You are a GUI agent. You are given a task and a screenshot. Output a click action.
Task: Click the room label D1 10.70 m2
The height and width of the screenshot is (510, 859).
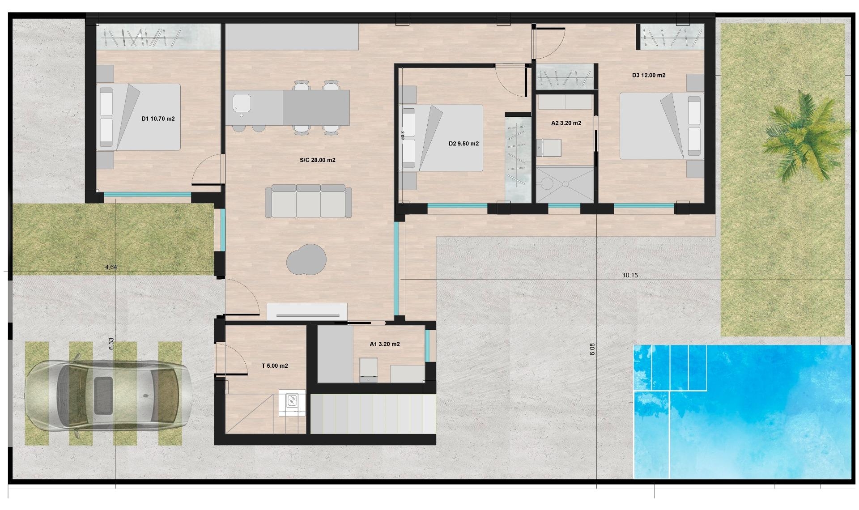tap(158, 119)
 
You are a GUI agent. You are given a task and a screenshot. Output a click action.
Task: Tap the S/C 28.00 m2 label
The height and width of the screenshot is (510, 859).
tap(317, 160)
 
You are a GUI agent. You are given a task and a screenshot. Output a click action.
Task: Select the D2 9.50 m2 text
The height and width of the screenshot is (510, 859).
tap(464, 144)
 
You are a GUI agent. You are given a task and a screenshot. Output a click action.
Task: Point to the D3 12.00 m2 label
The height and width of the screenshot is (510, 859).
tap(648, 75)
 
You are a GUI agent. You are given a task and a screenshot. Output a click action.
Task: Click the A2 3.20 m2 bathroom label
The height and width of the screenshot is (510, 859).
tap(566, 123)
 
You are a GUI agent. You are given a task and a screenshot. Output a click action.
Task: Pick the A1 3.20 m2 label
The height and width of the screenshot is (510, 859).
tap(384, 344)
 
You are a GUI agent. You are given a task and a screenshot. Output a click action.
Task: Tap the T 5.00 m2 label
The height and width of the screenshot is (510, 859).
tap(275, 366)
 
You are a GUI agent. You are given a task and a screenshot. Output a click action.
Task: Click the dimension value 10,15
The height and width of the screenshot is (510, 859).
tap(630, 275)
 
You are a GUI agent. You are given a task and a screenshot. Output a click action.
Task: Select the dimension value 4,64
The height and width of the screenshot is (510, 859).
tap(111, 267)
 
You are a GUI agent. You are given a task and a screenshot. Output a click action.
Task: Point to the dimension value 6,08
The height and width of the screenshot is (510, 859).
tap(592, 349)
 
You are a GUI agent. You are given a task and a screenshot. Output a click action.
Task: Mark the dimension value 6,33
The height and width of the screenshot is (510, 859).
tap(111, 344)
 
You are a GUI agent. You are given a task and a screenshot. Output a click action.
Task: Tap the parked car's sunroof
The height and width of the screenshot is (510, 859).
tap(103, 395)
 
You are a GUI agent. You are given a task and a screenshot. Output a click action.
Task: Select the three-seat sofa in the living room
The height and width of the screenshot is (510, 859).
tap(308, 201)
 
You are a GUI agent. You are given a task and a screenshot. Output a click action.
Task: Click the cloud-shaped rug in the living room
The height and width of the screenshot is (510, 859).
tap(306, 259)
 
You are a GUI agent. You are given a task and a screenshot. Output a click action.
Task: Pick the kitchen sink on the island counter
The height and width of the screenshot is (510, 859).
tap(241, 104)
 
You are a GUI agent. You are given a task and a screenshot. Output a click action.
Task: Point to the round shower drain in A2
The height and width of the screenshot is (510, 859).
tap(566, 184)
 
